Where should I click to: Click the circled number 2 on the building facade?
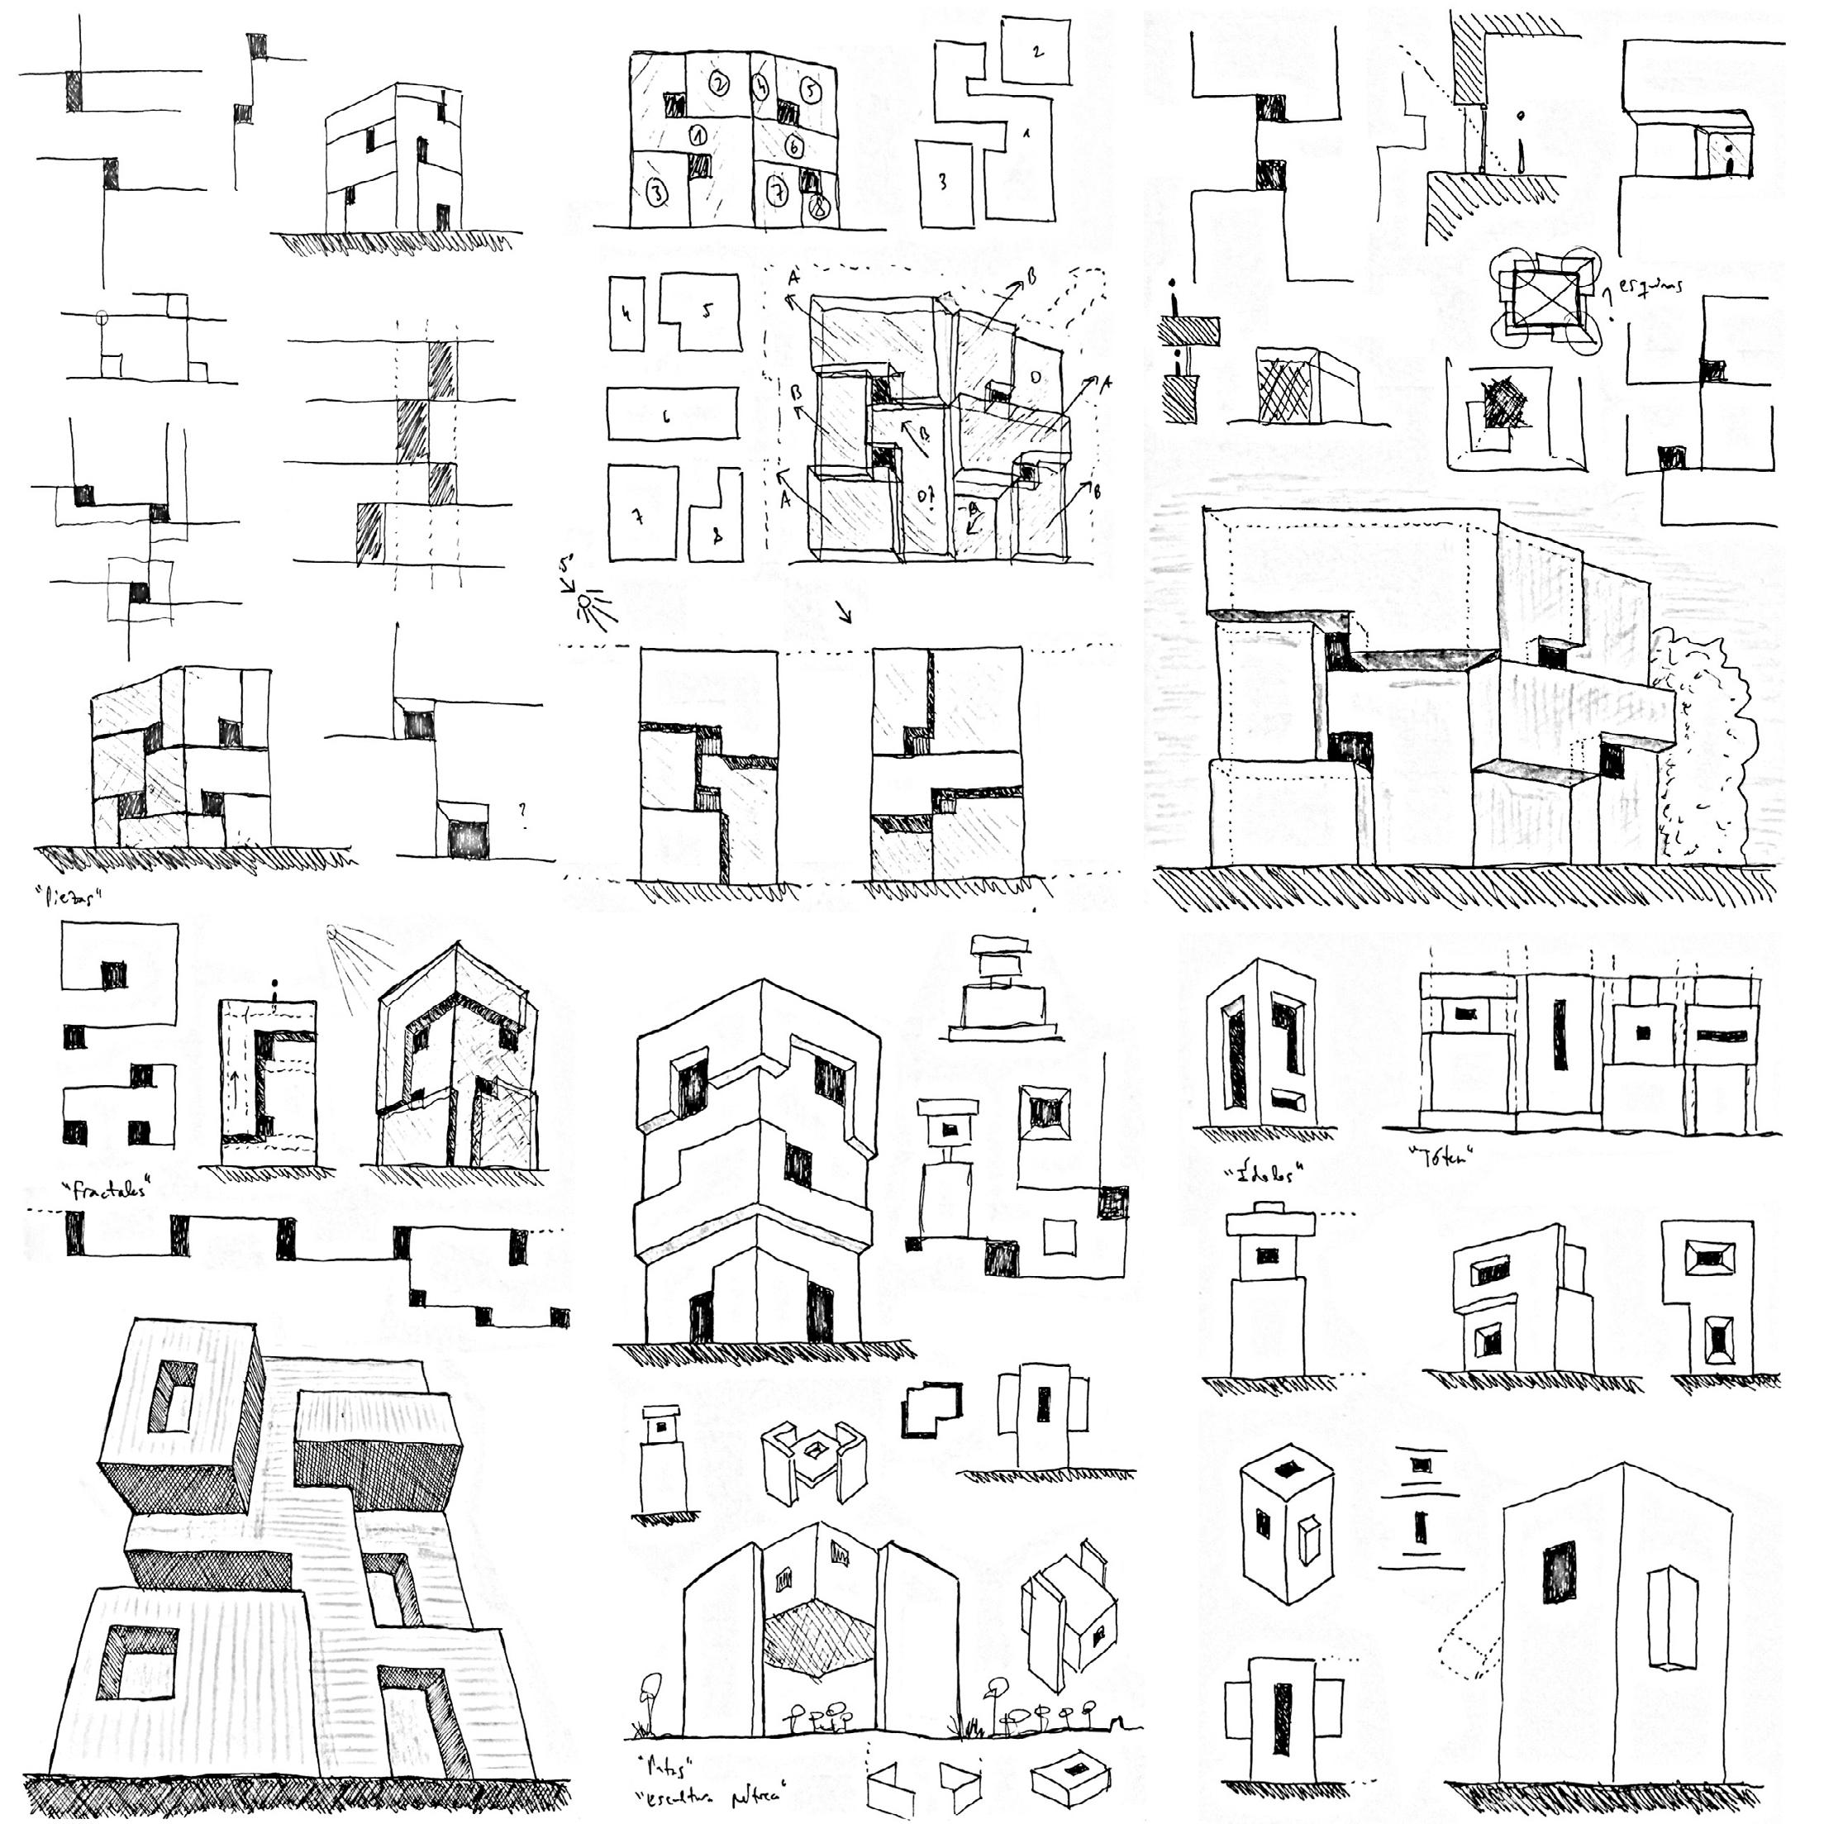tap(719, 85)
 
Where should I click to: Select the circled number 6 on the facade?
tap(794, 145)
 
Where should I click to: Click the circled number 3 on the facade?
tap(658, 194)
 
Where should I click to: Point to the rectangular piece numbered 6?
tap(670, 413)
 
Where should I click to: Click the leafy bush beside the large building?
tap(1704, 745)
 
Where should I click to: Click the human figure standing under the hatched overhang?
tap(1520, 141)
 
